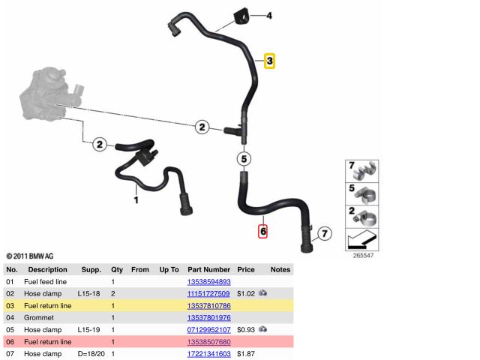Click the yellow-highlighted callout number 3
[x=269, y=61]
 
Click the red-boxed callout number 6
[x=263, y=232]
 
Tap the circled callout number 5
[x=244, y=159]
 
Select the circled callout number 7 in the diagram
[x=325, y=233]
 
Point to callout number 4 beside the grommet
[x=269, y=16]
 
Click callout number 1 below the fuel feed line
[x=136, y=200]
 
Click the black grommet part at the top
[x=241, y=17]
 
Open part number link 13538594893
[x=209, y=282]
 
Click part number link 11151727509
[x=208, y=293]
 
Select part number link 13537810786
[x=209, y=305]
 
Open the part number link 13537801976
[x=209, y=317]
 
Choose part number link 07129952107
[x=208, y=330]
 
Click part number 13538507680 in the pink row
[x=209, y=342]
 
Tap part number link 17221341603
[x=209, y=353]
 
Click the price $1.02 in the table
[x=246, y=293]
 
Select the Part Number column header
[x=208, y=270]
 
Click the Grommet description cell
[x=39, y=318]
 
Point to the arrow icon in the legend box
[x=362, y=240]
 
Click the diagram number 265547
[x=363, y=255]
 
